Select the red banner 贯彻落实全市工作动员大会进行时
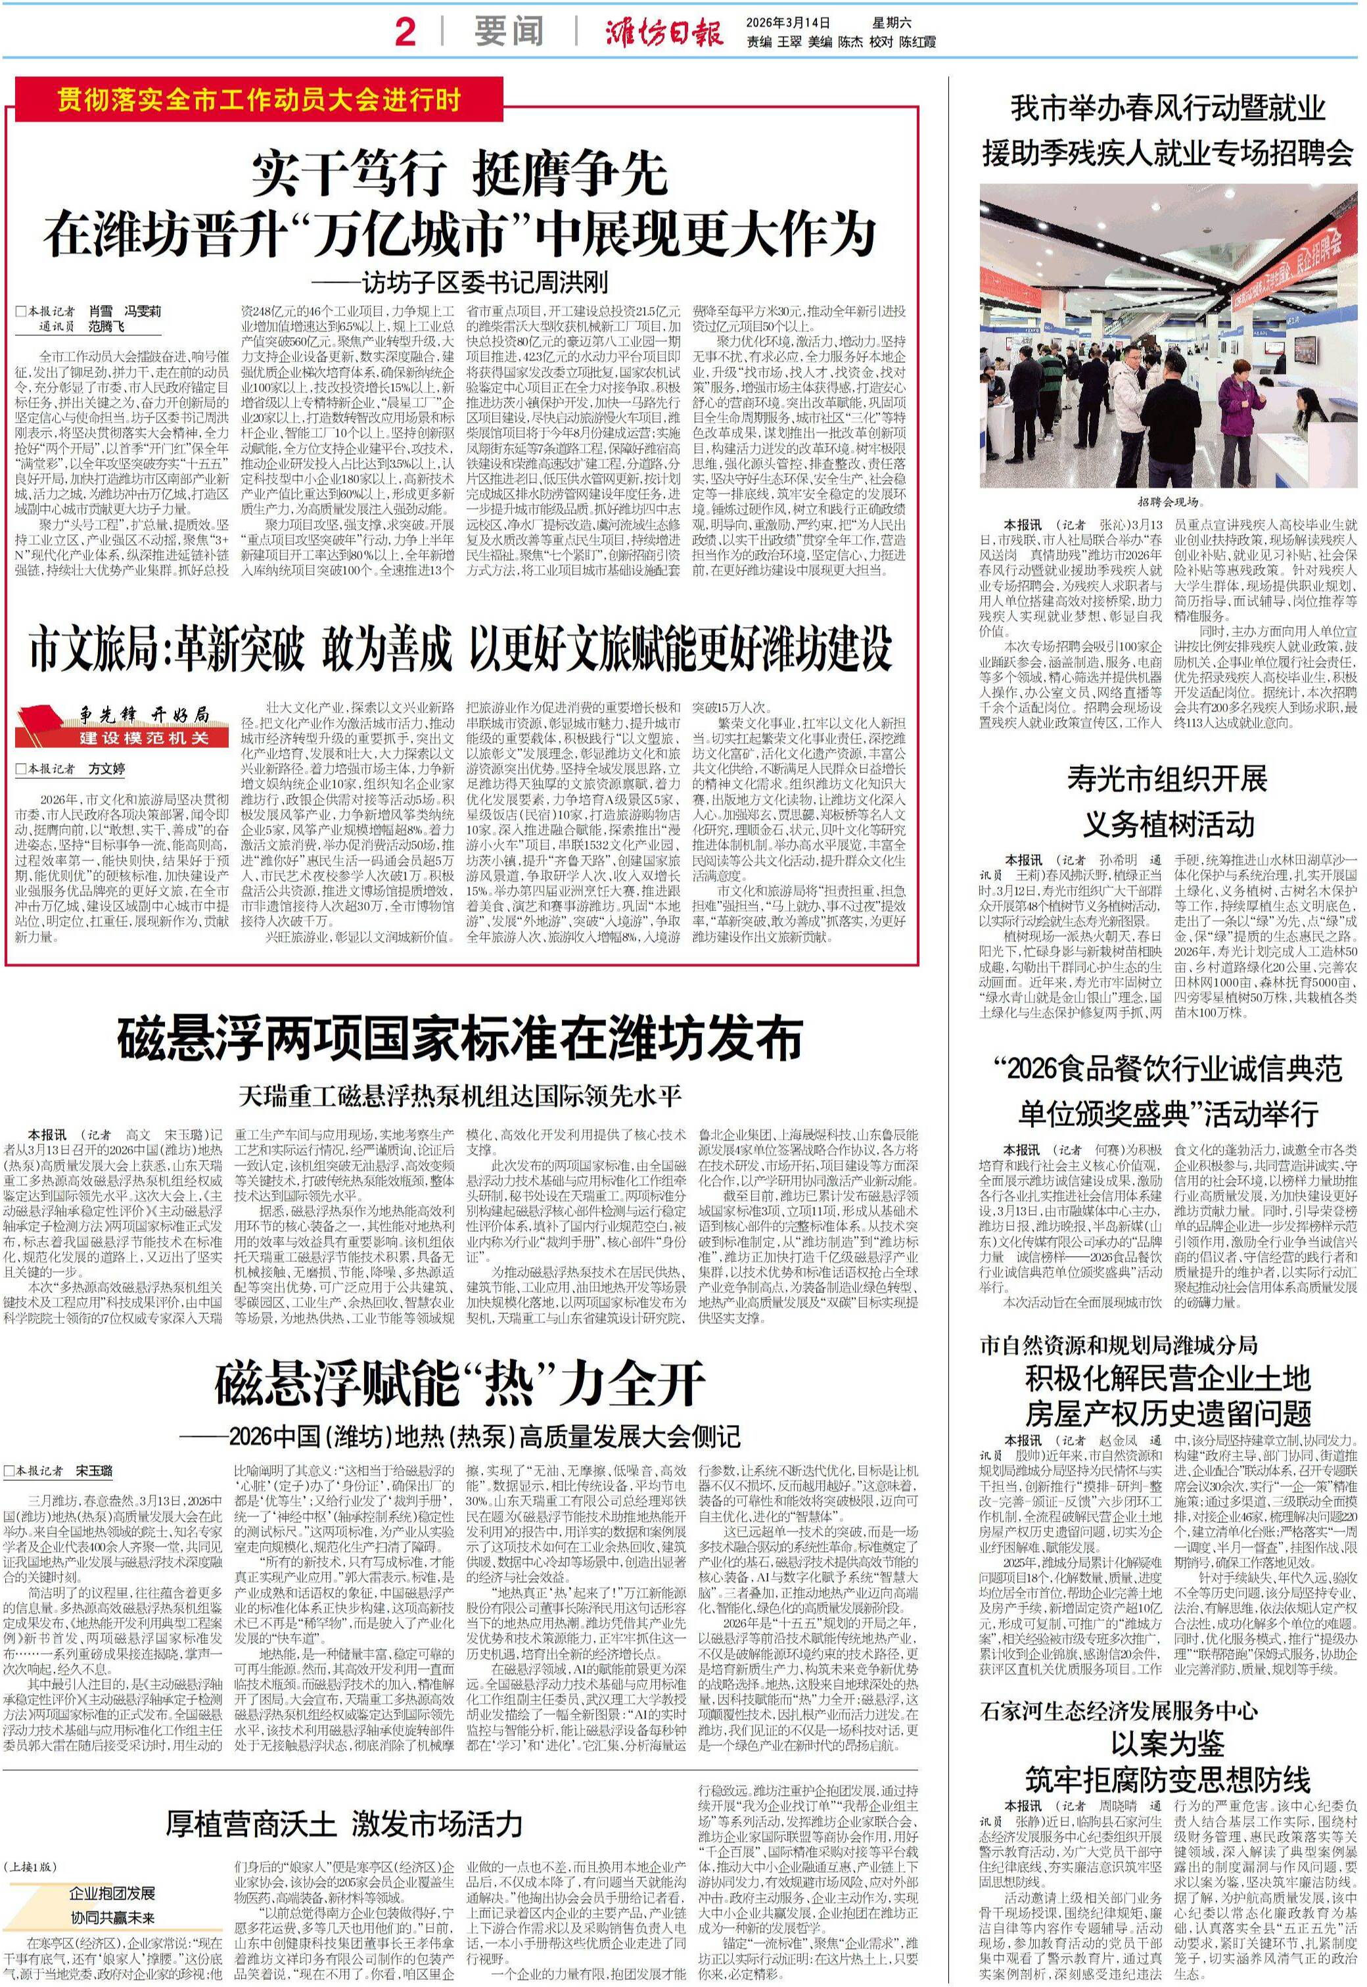coord(258,100)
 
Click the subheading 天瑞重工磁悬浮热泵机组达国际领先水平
coord(460,1096)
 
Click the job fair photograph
coord(1169,336)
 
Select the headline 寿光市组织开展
coord(1167,780)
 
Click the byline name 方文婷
coord(107,769)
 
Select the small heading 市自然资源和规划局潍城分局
coord(1119,1345)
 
